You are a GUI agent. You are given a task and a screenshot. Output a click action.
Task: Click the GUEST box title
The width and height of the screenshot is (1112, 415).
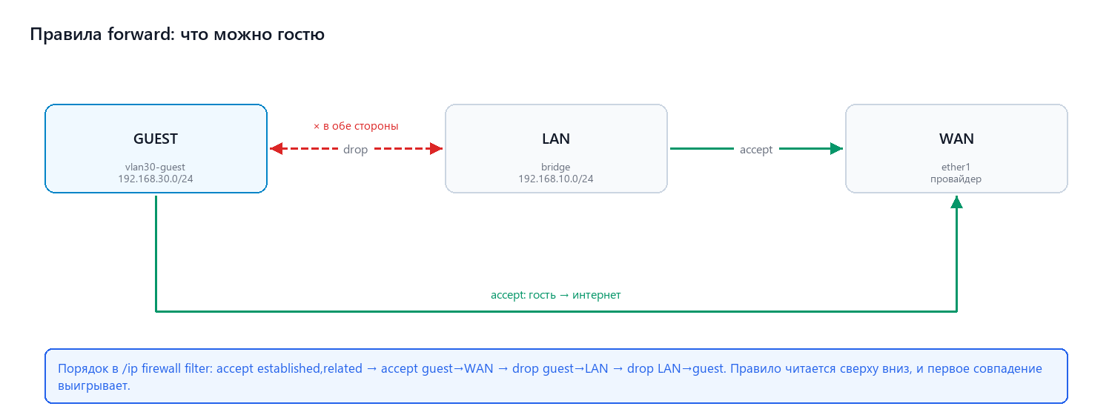[x=156, y=139]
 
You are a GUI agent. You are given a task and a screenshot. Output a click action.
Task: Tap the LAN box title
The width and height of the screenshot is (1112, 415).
[x=556, y=139]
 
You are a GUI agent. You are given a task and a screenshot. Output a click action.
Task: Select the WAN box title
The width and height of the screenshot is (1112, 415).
[x=956, y=139]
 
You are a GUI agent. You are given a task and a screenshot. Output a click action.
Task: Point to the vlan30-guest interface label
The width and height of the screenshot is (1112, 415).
[x=155, y=167]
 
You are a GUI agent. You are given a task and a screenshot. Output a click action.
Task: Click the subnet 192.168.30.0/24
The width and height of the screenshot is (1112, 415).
[x=156, y=179]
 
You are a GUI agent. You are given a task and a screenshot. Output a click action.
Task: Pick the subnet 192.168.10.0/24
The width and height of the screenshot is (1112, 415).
[x=556, y=179]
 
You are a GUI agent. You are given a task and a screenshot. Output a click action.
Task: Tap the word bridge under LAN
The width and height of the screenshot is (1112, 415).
[x=555, y=167]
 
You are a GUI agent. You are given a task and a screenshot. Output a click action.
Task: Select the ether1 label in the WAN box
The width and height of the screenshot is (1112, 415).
[x=956, y=167]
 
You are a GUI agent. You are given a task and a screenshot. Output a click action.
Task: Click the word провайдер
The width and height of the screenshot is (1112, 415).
[x=956, y=179]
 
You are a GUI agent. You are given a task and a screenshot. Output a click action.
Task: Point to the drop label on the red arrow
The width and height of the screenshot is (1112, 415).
[x=355, y=150]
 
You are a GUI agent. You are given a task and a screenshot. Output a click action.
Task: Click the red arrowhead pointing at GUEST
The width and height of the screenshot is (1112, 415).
[x=276, y=148]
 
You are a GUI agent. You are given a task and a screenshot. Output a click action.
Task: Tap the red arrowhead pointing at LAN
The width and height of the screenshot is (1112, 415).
[x=437, y=148]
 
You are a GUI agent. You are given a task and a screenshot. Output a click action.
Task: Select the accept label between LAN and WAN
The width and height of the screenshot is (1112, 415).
[x=756, y=150]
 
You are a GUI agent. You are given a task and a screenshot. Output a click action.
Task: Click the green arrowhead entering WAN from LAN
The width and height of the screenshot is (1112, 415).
[x=836, y=148]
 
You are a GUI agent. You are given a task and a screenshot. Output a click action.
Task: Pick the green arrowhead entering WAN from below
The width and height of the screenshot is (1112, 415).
[x=956, y=202]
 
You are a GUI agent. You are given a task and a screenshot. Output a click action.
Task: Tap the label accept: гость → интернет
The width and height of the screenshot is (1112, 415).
[x=555, y=295]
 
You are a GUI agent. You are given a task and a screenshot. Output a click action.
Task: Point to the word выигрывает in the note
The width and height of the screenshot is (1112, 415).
[x=94, y=385]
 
